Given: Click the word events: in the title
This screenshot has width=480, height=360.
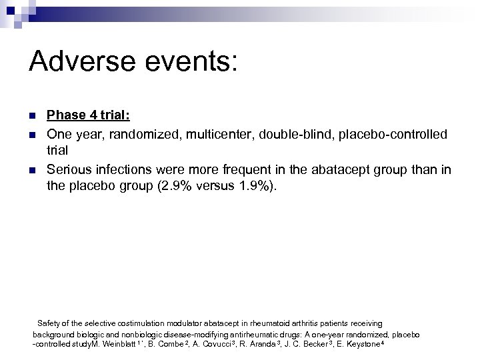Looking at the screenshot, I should point(191,63).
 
